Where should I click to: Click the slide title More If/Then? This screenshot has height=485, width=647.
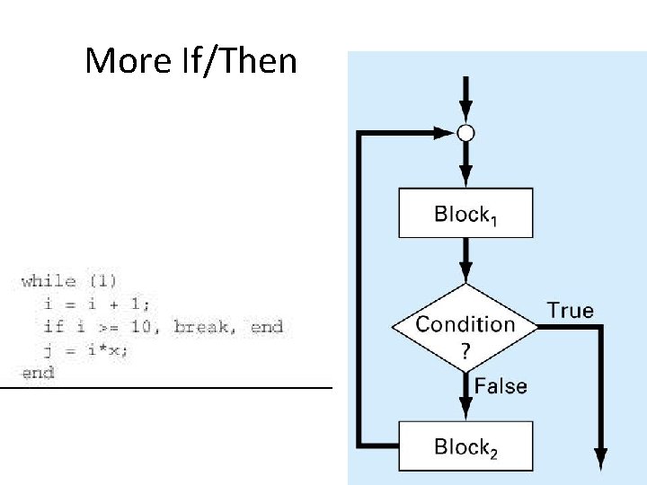(191, 61)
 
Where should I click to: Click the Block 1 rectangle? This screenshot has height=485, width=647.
(465, 213)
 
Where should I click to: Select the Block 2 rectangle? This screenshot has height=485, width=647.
(465, 446)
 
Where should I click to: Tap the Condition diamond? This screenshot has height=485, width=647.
(465, 325)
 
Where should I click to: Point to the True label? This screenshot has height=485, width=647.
(571, 311)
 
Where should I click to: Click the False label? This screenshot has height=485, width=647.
(501, 386)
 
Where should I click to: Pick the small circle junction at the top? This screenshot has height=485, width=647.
(465, 134)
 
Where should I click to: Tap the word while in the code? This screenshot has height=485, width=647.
(49, 281)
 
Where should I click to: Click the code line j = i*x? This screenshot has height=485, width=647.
(85, 350)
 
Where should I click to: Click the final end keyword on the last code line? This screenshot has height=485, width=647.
(38, 373)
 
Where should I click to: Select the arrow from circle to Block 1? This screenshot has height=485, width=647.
(465, 165)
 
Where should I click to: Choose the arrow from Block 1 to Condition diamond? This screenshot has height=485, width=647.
(465, 260)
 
